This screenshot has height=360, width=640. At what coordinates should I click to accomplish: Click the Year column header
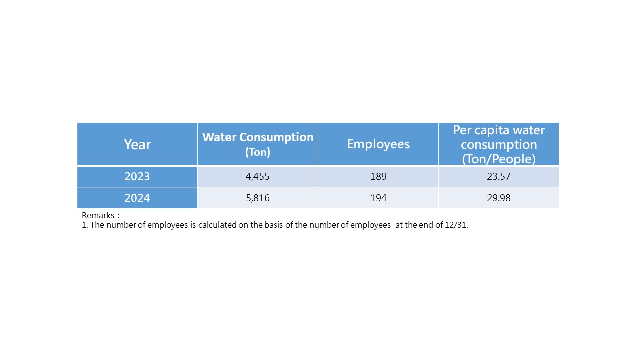click(x=137, y=144)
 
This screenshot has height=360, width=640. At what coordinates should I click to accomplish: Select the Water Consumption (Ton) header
click(x=258, y=144)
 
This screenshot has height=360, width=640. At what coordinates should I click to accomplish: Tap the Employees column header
click(x=378, y=144)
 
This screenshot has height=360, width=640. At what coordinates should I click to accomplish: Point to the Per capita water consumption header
click(x=499, y=145)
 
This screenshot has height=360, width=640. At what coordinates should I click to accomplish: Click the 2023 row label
click(x=137, y=176)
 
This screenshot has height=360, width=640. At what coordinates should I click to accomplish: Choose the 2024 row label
click(x=137, y=198)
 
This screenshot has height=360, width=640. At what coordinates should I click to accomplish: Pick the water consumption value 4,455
click(x=257, y=177)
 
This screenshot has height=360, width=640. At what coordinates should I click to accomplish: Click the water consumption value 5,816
click(x=258, y=198)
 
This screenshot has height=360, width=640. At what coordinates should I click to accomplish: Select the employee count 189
click(x=378, y=176)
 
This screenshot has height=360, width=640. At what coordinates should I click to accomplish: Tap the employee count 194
click(x=378, y=198)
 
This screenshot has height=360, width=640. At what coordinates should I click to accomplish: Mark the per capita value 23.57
click(x=499, y=176)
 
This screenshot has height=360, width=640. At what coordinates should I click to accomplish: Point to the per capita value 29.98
click(x=499, y=198)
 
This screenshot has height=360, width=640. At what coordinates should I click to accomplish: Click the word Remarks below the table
click(x=98, y=215)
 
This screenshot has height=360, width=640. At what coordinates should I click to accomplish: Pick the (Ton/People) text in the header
click(x=499, y=159)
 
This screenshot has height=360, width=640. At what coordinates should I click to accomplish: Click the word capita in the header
click(x=491, y=131)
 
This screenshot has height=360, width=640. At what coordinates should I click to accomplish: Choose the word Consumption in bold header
click(x=276, y=137)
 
